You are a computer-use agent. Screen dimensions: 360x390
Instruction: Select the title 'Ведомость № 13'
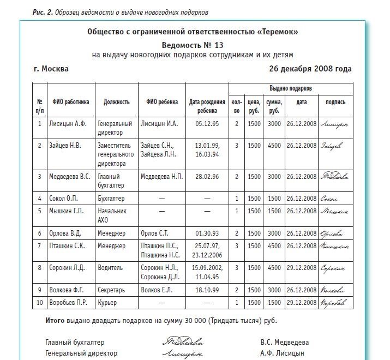tap(193, 44)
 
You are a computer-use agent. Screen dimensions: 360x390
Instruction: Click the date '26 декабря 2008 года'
tap(310, 69)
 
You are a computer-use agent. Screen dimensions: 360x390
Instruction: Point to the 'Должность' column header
tap(116, 102)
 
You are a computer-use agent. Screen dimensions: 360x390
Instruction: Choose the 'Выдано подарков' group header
tap(291, 88)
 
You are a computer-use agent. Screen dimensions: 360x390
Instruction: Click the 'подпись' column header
tap(335, 102)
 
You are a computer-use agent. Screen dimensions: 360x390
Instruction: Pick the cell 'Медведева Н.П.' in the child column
tap(162, 177)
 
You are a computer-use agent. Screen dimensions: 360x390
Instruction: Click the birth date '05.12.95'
tap(207, 124)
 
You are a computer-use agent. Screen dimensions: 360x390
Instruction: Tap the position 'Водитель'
tap(111, 268)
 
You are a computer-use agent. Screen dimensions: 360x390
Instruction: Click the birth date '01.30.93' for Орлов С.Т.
tap(207, 233)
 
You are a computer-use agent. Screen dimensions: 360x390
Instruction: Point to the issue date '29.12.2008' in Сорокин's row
tap(301, 268)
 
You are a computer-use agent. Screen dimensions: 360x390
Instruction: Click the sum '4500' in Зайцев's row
tap(273, 146)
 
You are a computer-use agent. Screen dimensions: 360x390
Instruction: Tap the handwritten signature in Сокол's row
tap(331, 199)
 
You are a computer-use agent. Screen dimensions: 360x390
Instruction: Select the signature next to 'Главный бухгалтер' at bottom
tap(183, 343)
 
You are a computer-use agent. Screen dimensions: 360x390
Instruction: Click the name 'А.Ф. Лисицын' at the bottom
tap(284, 353)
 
